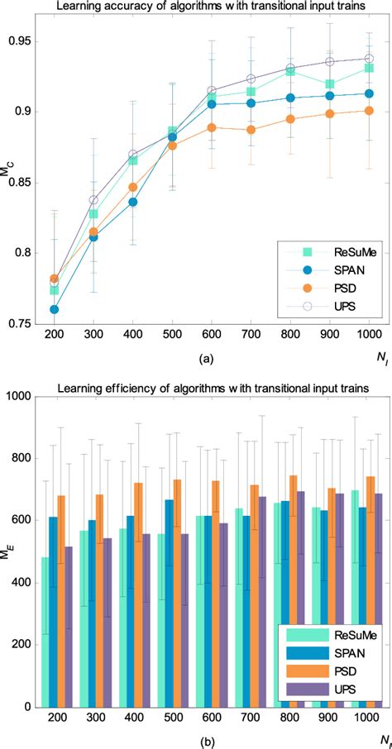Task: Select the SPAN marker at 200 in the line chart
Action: (55, 309)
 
